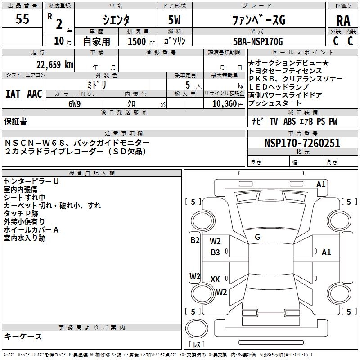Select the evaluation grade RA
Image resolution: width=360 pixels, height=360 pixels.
343,21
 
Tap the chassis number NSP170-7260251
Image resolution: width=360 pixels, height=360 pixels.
302,143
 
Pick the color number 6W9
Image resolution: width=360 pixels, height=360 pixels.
75,103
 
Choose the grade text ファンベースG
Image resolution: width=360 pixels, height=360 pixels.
258,20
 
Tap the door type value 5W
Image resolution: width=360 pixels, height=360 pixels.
175,20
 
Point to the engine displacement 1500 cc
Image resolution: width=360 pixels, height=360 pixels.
140,41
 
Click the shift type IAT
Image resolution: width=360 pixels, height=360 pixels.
13,94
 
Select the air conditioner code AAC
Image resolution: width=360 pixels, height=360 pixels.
35,94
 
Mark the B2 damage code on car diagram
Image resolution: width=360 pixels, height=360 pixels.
194,240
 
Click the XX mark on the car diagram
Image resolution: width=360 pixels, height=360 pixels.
215,279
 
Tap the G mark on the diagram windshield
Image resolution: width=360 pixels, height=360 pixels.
257,237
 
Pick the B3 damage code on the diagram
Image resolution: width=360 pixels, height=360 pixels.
216,252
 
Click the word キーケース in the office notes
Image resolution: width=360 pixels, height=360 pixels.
23,336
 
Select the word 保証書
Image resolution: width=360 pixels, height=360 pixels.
15,121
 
